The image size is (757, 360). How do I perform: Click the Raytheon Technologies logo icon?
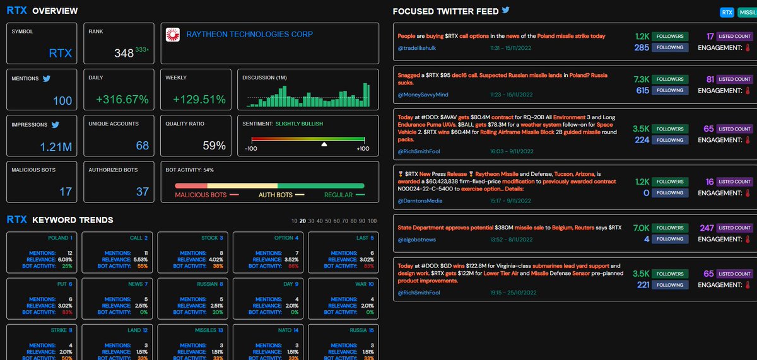[172, 35]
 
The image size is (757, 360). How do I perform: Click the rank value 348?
[124, 54]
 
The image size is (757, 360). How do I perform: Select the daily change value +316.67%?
[122, 100]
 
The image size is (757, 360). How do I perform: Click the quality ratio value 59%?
[214, 146]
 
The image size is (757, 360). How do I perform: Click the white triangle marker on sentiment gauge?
[324, 144]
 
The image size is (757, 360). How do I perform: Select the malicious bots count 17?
[66, 192]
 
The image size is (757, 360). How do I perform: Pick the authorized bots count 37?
[143, 192]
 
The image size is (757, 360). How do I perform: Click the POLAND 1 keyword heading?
[60, 238]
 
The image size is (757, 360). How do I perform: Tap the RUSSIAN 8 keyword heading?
[209, 284]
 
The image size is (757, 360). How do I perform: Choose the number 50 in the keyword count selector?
[327, 221]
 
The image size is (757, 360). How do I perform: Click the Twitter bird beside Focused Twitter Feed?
[505, 11]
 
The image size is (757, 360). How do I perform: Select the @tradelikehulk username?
[418, 47]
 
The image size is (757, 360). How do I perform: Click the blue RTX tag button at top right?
[727, 13]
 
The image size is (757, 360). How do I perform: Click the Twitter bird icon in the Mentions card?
[46, 79]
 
